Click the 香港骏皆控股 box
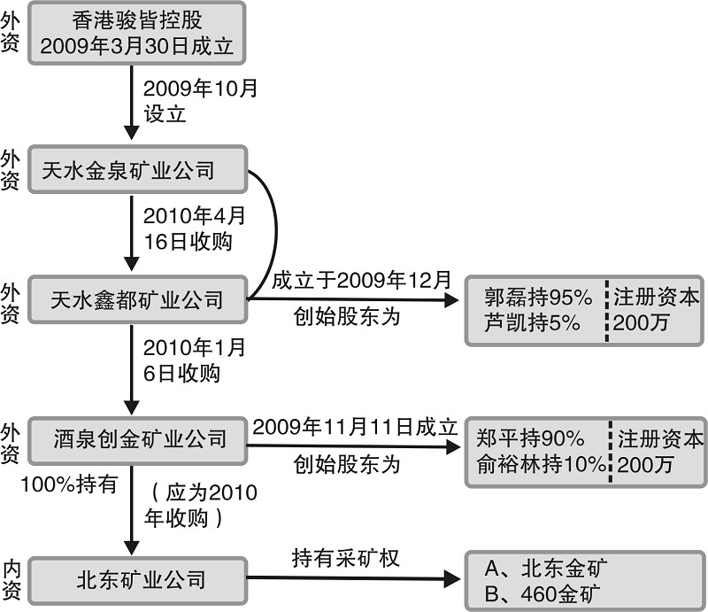[x=135, y=33]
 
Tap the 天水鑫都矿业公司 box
[x=135, y=301]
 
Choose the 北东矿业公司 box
[x=135, y=581]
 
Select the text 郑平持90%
[x=531, y=438]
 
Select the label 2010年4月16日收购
[x=188, y=229]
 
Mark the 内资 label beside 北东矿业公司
[x=12, y=581]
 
